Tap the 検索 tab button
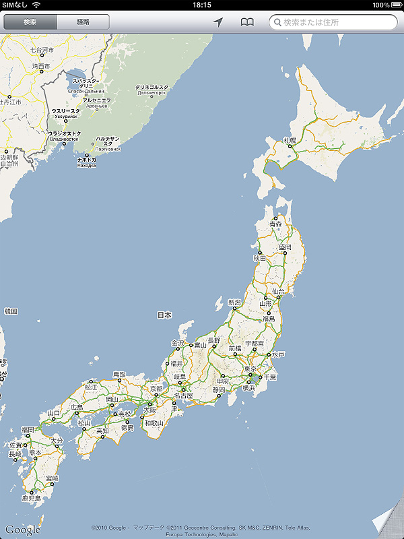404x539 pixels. pyautogui.click(x=30, y=22)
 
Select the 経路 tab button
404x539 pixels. pyautogui.click(x=83, y=22)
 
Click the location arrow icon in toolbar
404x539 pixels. pyautogui.click(x=218, y=22)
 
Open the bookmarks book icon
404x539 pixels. pyautogui.click(x=248, y=22)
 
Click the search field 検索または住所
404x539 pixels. pyautogui.click(x=333, y=22)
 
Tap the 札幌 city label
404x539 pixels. pyautogui.click(x=290, y=140)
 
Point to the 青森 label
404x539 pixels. pyautogui.click(x=275, y=223)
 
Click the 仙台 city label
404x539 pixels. pyautogui.click(x=277, y=291)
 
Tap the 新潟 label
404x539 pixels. pyautogui.click(x=234, y=303)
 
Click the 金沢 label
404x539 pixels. pyautogui.click(x=178, y=343)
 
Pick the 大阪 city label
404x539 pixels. pyautogui.click(x=149, y=409)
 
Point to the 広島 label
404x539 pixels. pyautogui.click(x=76, y=408)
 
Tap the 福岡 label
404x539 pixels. pyautogui.click(x=28, y=429)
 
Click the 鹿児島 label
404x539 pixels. pyautogui.click(x=31, y=498)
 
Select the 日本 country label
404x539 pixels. pyautogui.click(x=164, y=315)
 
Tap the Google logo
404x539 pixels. pyautogui.click(x=22, y=530)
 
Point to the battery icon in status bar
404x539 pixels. pyautogui.click(x=394, y=5)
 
